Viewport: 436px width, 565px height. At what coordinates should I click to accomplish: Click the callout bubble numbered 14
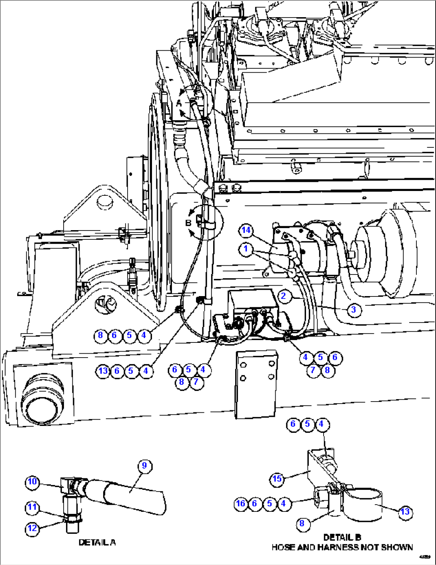pyautogui.click(x=246, y=230)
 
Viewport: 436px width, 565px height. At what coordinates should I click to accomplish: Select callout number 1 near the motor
pyautogui.click(x=246, y=249)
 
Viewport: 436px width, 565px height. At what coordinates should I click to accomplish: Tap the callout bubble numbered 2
pyautogui.click(x=284, y=296)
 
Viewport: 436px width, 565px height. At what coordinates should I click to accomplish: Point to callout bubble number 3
pyautogui.click(x=353, y=310)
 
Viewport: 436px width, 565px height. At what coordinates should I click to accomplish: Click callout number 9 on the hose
pyautogui.click(x=144, y=466)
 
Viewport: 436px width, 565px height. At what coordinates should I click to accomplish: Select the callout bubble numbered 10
pyautogui.click(x=32, y=481)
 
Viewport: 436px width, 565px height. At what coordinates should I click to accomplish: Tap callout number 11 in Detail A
pyautogui.click(x=32, y=507)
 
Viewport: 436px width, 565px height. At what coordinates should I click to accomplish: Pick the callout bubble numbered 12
pyautogui.click(x=32, y=528)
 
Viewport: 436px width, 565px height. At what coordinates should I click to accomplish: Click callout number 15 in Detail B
pyautogui.click(x=277, y=479)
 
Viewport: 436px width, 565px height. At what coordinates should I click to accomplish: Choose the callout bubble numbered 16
pyautogui.click(x=240, y=503)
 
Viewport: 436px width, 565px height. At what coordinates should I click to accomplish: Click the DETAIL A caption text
pyautogui.click(x=97, y=542)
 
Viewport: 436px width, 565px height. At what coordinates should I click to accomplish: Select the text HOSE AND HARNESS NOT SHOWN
pyautogui.click(x=342, y=547)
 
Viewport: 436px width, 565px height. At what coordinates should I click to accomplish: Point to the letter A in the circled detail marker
pyautogui.click(x=179, y=103)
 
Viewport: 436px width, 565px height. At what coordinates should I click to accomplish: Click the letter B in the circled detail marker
pyautogui.click(x=188, y=223)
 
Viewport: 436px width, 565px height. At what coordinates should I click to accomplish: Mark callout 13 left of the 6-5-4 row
pyautogui.click(x=103, y=371)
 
